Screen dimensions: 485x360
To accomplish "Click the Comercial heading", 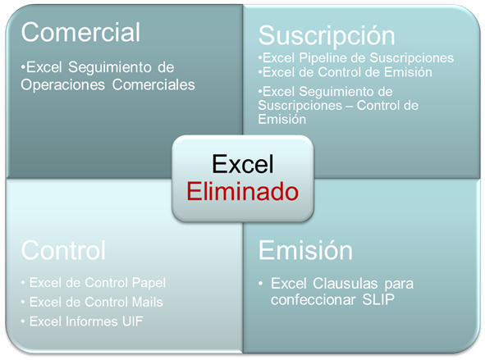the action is [x=80, y=32].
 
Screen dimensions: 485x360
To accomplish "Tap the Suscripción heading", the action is [x=327, y=36].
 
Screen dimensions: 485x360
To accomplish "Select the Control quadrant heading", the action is [x=63, y=250].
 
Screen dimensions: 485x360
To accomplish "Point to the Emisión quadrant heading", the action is [x=305, y=250].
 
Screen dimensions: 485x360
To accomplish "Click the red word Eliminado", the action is [x=243, y=192].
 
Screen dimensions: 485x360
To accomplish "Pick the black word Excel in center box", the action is [x=243, y=164].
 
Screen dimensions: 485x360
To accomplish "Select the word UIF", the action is [x=133, y=321].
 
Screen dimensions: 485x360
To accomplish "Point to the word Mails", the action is [x=148, y=303].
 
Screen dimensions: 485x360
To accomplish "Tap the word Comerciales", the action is [x=153, y=84].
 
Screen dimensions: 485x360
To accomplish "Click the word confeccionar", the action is [x=313, y=300].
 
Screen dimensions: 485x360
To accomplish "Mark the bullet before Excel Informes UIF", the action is [x=23, y=321].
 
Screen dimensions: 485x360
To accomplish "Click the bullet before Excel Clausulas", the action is [x=261, y=284].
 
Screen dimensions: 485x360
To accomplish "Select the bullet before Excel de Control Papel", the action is [x=23, y=283].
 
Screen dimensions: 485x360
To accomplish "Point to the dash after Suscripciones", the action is [x=350, y=107].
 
